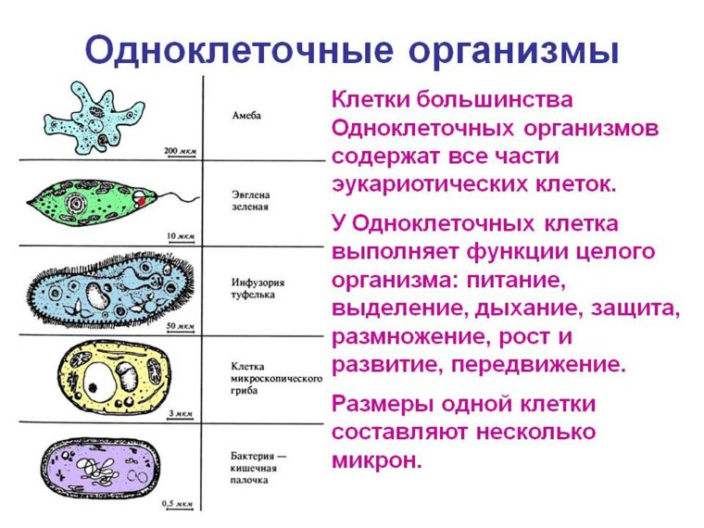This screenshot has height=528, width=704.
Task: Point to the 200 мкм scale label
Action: [x=179, y=150]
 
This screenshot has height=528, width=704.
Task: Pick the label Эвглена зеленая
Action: [x=251, y=201]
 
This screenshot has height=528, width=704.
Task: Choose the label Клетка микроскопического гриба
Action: [x=275, y=379]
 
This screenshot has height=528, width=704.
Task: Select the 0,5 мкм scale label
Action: [x=178, y=503]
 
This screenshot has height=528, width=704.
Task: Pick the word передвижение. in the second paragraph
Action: [x=538, y=364]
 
